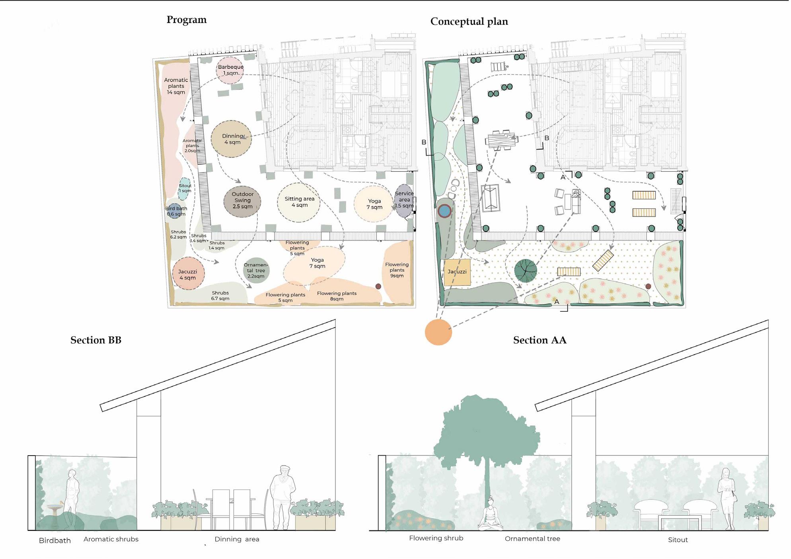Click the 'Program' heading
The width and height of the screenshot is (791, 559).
click(x=186, y=20)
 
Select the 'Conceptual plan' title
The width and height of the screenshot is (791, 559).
click(x=469, y=21)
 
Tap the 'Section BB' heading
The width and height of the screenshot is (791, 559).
click(x=95, y=340)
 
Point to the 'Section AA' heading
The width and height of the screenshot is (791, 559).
click(x=539, y=340)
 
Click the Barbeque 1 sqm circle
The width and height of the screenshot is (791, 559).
click(x=230, y=70)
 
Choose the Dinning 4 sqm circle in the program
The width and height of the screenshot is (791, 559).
click(x=231, y=139)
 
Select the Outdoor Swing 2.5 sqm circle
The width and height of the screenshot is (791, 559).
click(x=242, y=201)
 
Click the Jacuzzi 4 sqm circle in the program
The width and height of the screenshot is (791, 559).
click(x=188, y=274)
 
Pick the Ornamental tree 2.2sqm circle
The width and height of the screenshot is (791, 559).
click(x=256, y=270)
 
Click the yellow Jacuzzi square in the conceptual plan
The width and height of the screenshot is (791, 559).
click(x=457, y=272)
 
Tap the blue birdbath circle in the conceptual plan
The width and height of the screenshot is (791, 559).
click(x=444, y=211)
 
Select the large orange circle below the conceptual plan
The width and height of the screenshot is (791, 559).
click(x=438, y=332)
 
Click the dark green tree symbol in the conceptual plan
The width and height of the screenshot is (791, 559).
click(x=525, y=270)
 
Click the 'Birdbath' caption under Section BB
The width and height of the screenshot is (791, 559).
click(x=55, y=541)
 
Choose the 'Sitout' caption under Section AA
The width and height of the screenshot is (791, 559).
click(x=678, y=540)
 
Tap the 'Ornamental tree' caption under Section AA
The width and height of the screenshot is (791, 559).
click(x=532, y=539)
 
